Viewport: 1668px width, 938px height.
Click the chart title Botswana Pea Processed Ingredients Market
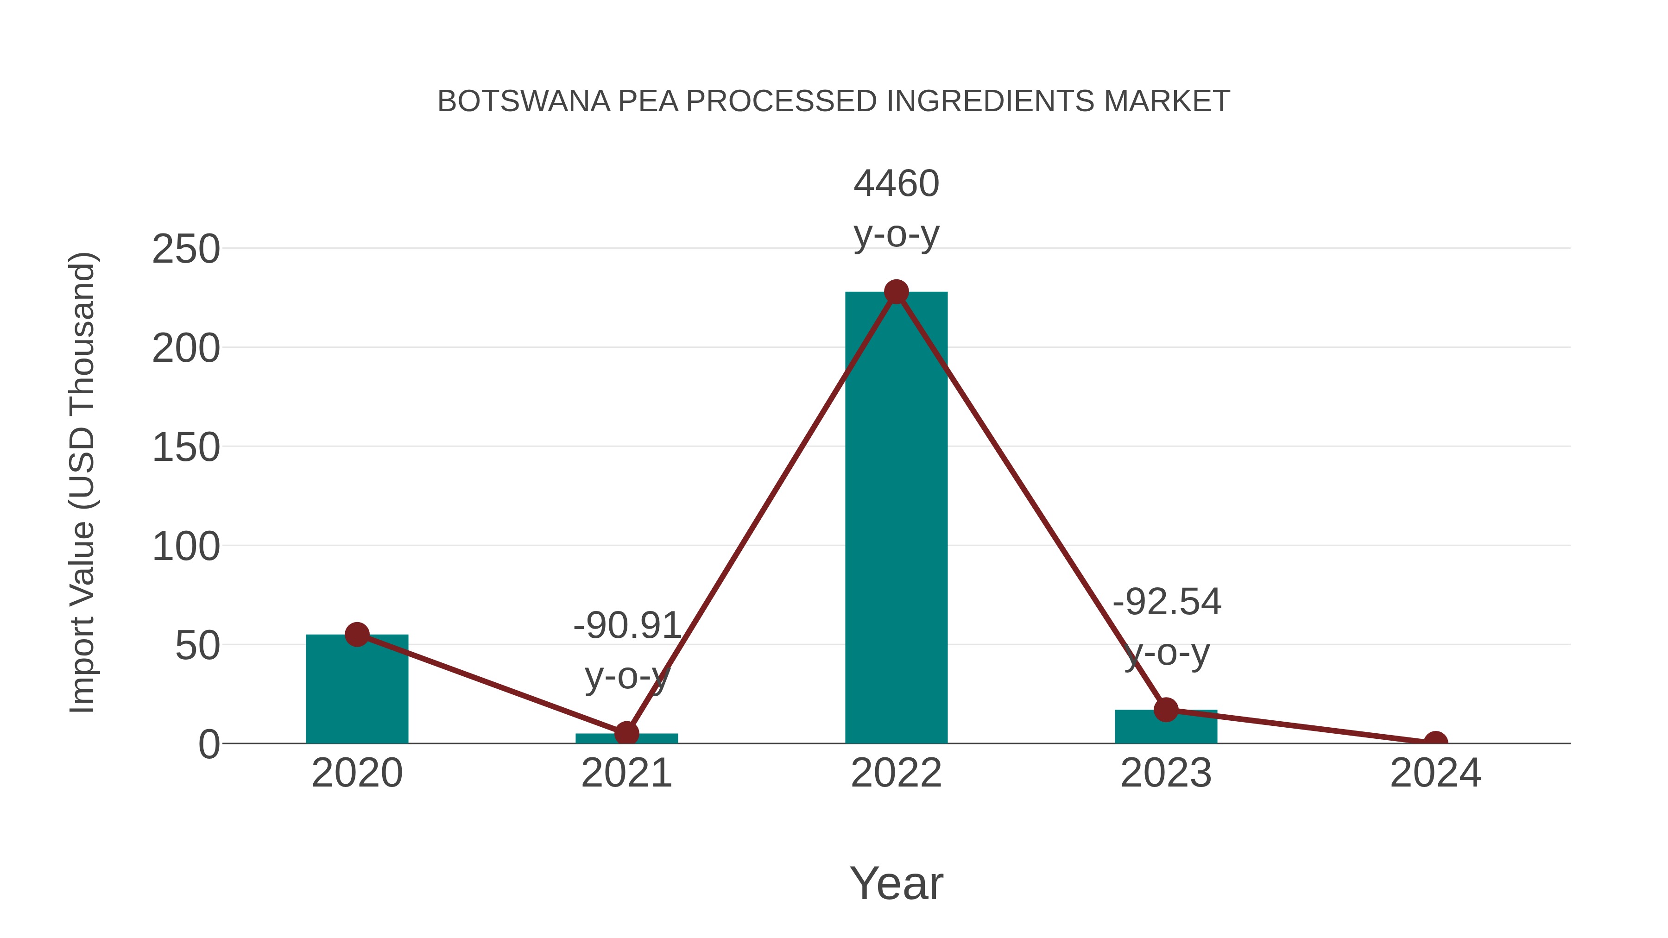[834, 101]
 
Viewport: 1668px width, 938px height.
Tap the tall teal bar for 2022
[896, 518]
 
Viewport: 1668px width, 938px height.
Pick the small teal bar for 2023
[1166, 728]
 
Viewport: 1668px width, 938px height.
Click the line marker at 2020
[357, 635]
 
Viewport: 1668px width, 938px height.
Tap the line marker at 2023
[1166, 710]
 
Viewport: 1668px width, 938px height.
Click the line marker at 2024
[1435, 742]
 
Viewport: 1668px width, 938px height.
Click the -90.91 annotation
[627, 626]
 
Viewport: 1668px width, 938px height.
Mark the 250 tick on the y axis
[186, 249]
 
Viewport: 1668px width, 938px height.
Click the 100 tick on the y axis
[186, 547]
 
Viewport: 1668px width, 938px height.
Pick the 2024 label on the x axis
[1435, 773]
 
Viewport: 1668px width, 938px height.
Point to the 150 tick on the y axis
[186, 448]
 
